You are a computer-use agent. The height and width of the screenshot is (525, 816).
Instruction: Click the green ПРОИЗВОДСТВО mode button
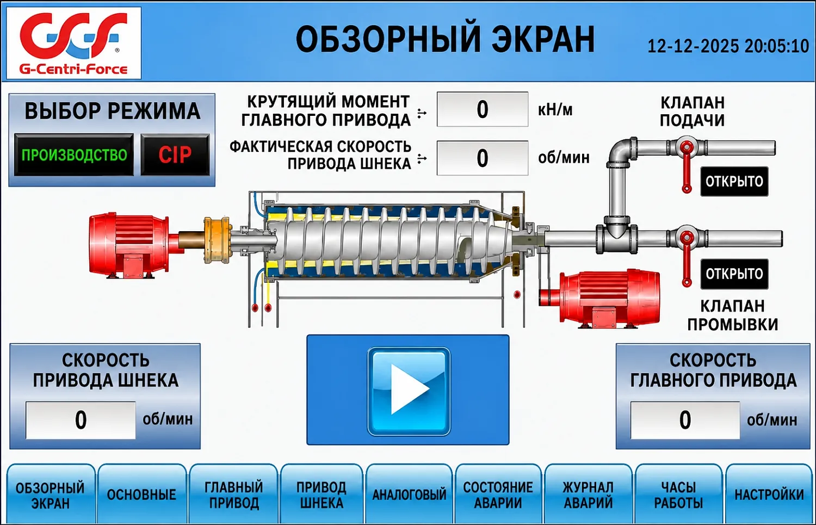[x=74, y=155]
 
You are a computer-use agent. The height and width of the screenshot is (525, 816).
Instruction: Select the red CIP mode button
[x=175, y=155]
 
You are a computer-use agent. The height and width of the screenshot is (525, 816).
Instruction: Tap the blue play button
[x=409, y=391]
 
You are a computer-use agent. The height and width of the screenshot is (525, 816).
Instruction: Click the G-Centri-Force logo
[x=74, y=43]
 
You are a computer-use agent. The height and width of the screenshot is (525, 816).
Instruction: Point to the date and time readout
[x=728, y=46]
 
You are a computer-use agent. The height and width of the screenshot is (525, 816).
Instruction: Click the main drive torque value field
[x=483, y=109]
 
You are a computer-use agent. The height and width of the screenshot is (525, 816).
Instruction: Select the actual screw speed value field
[x=483, y=158]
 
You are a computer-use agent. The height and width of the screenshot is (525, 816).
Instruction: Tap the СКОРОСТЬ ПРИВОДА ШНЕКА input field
[x=81, y=420]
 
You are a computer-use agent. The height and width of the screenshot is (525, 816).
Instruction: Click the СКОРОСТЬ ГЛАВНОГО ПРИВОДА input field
[x=685, y=420]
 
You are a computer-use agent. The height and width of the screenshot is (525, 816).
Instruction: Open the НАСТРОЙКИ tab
[x=769, y=494]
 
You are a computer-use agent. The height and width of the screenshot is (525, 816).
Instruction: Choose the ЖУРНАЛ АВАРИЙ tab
[x=588, y=494]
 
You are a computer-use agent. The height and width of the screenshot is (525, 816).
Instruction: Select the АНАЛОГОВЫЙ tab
[x=409, y=494]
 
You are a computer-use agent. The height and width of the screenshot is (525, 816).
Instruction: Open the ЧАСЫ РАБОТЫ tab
[x=678, y=494]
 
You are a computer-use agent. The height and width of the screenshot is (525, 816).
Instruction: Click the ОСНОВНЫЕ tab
[x=141, y=494]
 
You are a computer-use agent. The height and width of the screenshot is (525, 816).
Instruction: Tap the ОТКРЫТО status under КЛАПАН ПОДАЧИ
[x=734, y=181]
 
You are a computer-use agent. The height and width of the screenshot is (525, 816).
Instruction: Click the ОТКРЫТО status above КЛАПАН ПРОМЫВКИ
[x=734, y=274]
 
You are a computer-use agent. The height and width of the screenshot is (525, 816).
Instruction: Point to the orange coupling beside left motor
[x=217, y=240]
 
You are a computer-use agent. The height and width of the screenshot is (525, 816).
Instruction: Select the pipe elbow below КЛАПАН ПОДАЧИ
[x=621, y=152]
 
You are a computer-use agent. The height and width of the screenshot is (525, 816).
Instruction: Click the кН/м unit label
[x=555, y=109]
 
